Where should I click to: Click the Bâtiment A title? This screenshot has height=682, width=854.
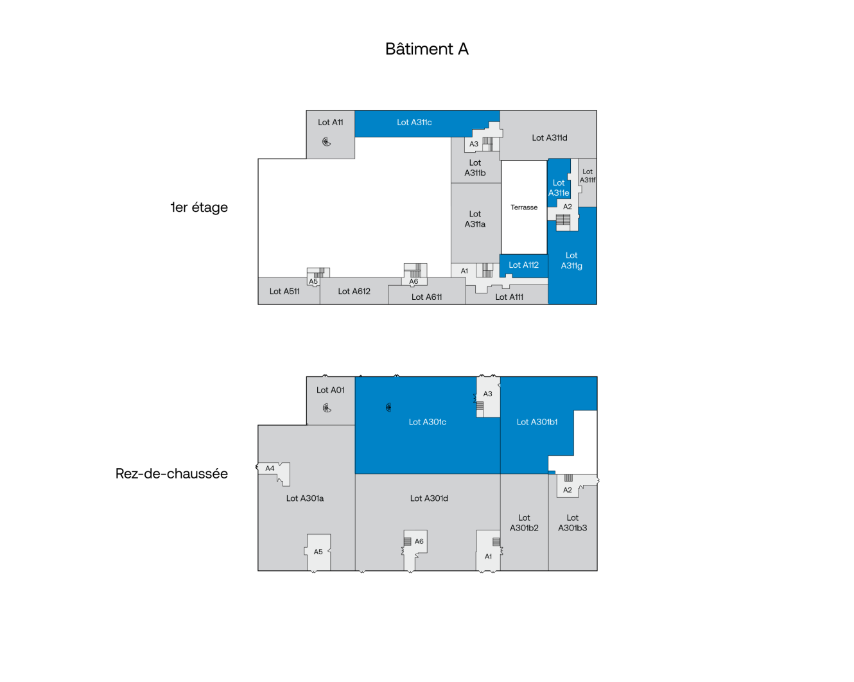coord(426,49)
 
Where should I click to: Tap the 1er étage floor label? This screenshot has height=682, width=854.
coord(199,207)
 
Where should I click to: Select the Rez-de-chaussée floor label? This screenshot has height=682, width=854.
coord(171,473)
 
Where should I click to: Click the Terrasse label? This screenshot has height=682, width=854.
coord(524,207)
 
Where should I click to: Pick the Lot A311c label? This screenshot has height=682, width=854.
coord(414,122)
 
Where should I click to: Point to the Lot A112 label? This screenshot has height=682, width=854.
coord(523,265)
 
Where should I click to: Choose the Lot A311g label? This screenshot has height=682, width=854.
coord(571,261)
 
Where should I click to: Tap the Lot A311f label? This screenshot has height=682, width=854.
coord(588,175)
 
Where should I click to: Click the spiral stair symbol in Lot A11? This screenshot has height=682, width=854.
coord(326,142)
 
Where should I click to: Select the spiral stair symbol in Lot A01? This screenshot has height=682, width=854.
coord(327,408)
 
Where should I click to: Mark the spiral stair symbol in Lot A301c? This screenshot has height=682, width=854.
coord(388,407)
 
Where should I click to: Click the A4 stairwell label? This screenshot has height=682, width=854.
coord(270,468)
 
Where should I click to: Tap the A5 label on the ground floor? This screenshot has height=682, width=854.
coord(318,552)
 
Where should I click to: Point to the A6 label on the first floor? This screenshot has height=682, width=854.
coord(414,281)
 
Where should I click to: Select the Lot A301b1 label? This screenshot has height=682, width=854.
coord(537,422)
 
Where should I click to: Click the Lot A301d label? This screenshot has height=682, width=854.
coord(429,498)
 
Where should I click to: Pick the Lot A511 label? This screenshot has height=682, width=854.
coord(284,292)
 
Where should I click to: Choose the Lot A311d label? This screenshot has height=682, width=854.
coord(549,138)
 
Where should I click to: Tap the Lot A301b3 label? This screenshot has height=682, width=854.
coord(572,522)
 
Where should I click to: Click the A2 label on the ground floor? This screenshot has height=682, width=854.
coord(568,490)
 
